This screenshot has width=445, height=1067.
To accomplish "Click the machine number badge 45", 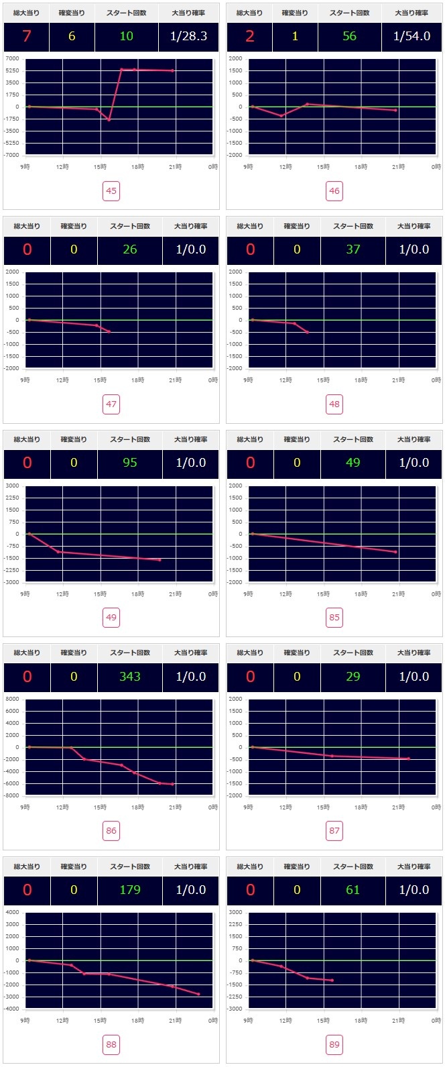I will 111,191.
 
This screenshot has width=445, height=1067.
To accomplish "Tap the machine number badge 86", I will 111,831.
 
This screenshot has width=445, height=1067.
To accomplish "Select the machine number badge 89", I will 334,1044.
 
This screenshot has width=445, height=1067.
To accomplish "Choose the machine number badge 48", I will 334,404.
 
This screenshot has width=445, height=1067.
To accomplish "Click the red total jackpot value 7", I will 27,36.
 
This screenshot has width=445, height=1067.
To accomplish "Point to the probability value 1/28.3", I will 189,36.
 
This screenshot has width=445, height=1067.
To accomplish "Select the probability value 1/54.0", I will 412,36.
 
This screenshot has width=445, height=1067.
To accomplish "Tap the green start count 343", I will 130,676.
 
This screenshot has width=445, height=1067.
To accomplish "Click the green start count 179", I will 130,890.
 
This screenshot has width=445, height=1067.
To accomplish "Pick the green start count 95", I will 130,463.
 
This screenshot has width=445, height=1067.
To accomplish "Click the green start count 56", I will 350,36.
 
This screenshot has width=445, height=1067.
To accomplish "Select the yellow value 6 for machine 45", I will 72,36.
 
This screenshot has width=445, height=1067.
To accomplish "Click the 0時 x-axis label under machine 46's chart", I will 436,167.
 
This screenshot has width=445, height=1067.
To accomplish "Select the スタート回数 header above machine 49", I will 130,439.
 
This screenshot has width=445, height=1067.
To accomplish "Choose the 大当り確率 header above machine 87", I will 414,653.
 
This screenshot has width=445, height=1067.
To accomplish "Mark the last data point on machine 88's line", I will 198,994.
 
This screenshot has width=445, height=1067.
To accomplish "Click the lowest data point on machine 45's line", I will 109,120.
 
